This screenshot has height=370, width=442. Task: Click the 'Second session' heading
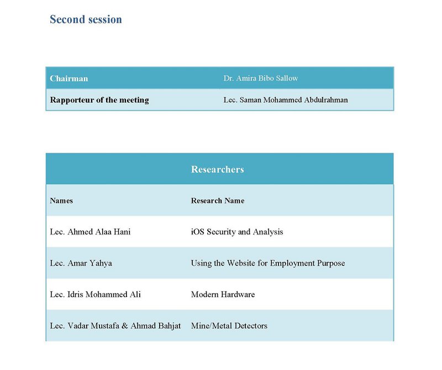[x=86, y=19]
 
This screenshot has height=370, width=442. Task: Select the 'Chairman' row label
[x=69, y=79]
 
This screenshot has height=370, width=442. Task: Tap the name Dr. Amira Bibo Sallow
[x=261, y=79]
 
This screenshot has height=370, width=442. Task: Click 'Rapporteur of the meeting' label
[x=99, y=100]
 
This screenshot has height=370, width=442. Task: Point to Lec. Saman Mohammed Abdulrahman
[x=286, y=100]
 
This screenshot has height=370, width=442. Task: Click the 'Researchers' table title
[x=217, y=169]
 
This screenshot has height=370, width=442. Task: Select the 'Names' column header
[x=61, y=201]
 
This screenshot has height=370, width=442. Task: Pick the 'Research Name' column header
[x=218, y=201]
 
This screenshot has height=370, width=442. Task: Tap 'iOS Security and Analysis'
[x=237, y=232]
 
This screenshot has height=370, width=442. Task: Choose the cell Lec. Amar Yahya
[x=81, y=263]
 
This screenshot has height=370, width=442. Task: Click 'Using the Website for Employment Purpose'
[x=268, y=263]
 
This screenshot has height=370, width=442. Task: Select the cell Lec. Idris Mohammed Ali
[x=95, y=294]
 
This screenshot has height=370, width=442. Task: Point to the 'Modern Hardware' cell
[x=223, y=294]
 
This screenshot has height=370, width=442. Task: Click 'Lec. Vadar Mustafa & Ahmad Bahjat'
[x=115, y=326]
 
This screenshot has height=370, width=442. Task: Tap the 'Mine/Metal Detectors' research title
[x=229, y=326]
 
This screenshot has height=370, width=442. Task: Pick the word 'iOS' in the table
[x=198, y=232]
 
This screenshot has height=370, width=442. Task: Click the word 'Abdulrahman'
[x=323, y=100]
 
